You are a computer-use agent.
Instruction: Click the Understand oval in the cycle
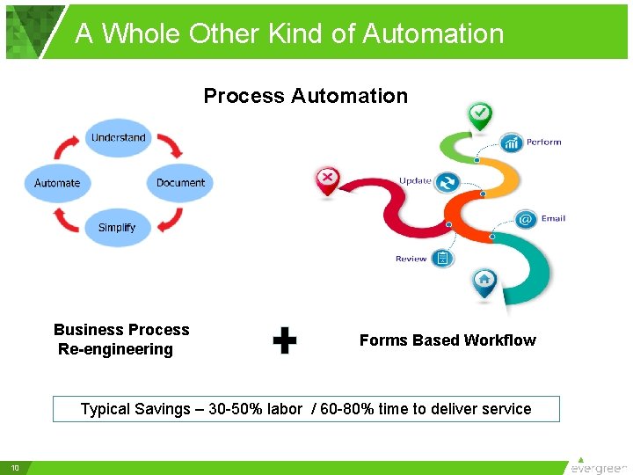pos(119,138)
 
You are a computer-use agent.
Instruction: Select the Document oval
pos(180,183)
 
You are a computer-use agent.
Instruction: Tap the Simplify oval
pos(117,228)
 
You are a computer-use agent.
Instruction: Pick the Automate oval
pos(57,183)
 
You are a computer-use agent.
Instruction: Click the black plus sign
pos(284,341)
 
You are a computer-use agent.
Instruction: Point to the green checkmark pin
pos(480,114)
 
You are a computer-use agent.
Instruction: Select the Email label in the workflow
pos(553,218)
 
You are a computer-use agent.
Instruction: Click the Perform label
pos(544,142)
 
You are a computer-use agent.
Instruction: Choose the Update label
pos(415,181)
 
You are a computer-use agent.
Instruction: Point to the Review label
pos(411,259)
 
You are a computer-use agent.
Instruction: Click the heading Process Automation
pos(306,96)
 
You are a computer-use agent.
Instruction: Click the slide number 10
pos(15,467)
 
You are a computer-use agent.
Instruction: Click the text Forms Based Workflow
pos(447,340)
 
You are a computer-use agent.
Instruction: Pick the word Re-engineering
pos(115,349)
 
